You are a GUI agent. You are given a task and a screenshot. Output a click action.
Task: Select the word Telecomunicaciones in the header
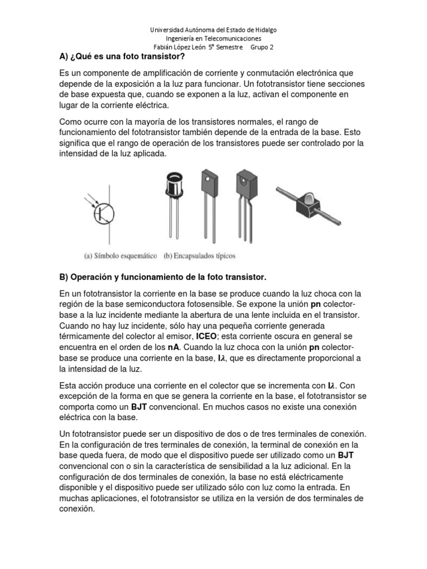235,38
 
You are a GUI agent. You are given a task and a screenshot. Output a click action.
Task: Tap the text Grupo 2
263,47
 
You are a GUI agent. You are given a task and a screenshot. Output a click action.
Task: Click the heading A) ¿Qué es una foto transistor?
122,57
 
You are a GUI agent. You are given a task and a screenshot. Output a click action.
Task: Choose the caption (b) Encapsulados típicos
199,256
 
